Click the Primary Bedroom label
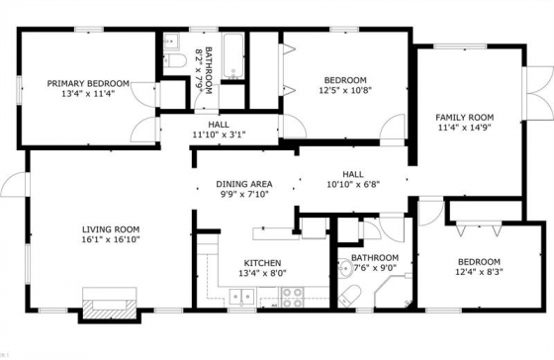(x=88, y=84)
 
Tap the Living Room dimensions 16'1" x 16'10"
(x=111, y=239)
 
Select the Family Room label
(x=464, y=118)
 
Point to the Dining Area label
(x=244, y=184)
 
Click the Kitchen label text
(x=262, y=263)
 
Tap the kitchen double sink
(x=242, y=296)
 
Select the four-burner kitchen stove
(x=292, y=298)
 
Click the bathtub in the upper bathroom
(x=233, y=56)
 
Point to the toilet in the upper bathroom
(x=176, y=61)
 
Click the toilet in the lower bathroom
(x=349, y=296)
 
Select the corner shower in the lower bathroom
(x=394, y=293)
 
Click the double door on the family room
(x=538, y=93)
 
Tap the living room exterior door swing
(x=15, y=184)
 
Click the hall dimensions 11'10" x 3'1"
(x=219, y=135)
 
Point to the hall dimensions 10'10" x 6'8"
(x=353, y=184)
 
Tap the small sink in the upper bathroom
(x=171, y=43)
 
